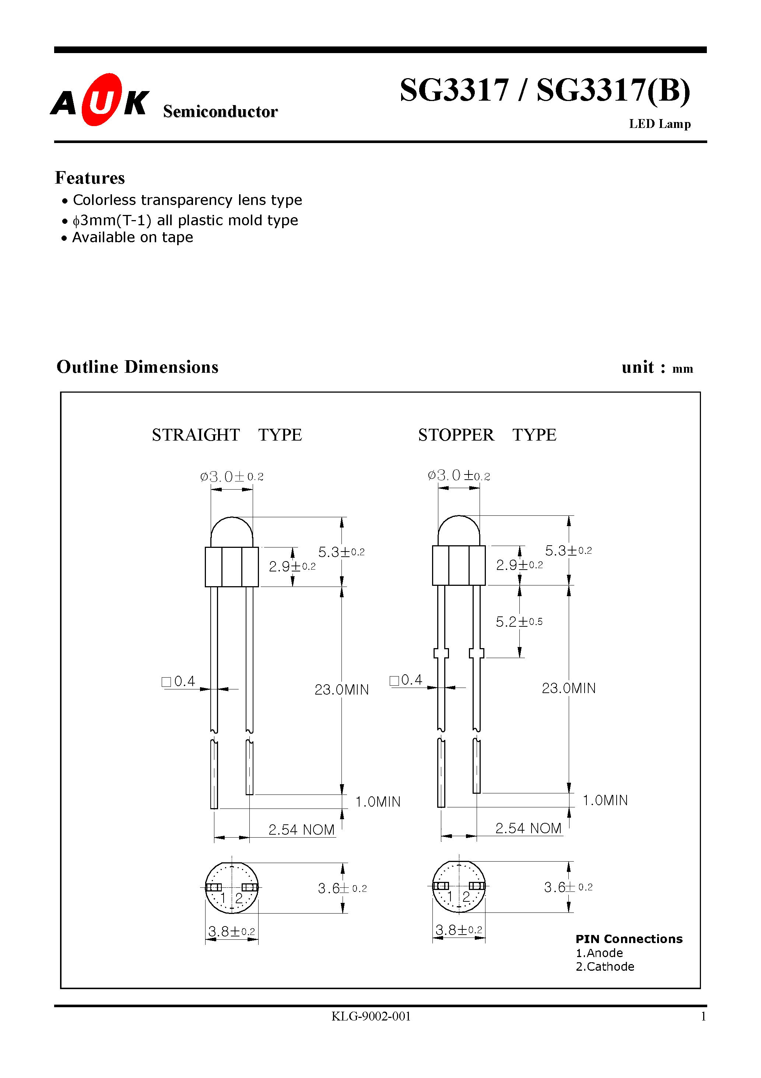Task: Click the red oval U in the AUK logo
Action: [101, 100]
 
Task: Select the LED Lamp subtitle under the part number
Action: [659, 124]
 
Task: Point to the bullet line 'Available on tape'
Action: [132, 237]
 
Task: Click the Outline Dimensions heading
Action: [137, 367]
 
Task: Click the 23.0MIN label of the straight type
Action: [341, 690]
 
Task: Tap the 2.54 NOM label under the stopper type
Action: [528, 828]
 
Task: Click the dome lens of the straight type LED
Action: [231, 532]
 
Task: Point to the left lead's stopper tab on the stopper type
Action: [441, 653]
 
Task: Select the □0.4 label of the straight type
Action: [178, 681]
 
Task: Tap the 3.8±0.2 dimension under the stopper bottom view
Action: [458, 930]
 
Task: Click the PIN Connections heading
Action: [629, 939]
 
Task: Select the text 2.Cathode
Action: [604, 967]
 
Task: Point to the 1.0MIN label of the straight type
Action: [378, 801]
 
